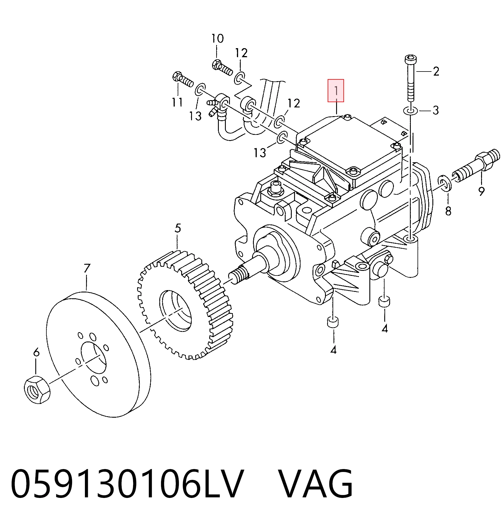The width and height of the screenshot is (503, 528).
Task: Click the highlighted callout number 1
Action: pyautogui.click(x=336, y=91)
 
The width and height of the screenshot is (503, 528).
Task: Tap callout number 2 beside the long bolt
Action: pyautogui.click(x=436, y=72)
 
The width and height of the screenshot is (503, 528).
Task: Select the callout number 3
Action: pyautogui.click(x=436, y=110)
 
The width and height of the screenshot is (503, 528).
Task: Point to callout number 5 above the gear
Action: pyautogui.click(x=178, y=228)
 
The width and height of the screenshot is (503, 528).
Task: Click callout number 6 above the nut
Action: pyautogui.click(x=36, y=352)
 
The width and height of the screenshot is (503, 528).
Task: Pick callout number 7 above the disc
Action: pyautogui.click(x=87, y=268)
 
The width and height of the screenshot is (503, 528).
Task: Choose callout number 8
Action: pyautogui.click(x=448, y=211)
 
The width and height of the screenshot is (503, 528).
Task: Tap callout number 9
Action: pyautogui.click(x=481, y=191)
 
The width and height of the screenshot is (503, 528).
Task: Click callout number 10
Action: pyautogui.click(x=218, y=38)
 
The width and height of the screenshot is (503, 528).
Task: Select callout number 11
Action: pyautogui.click(x=177, y=102)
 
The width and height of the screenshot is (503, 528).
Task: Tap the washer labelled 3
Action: pyautogui.click(x=410, y=111)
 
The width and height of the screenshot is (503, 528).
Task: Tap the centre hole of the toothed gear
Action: pyautogui.click(x=175, y=311)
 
